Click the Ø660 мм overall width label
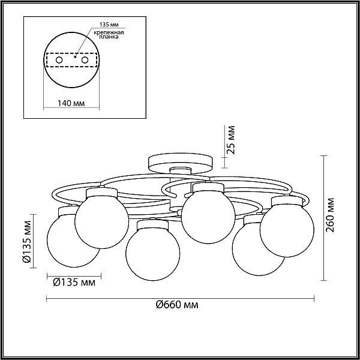(177, 305)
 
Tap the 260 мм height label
(330, 215)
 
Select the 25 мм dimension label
(230, 140)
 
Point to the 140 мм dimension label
(71, 103)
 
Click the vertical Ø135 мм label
(26, 241)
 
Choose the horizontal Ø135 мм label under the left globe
(74, 282)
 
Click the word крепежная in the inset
(109, 32)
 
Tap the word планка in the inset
(109, 37)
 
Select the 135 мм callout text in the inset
(109, 25)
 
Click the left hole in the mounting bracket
(59, 60)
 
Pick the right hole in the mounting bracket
(85, 60)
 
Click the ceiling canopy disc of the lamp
(181, 163)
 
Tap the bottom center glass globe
(153, 253)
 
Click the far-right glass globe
(287, 230)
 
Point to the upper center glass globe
(208, 216)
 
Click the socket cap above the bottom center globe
(152, 225)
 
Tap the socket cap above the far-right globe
(287, 202)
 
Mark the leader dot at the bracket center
(75, 56)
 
